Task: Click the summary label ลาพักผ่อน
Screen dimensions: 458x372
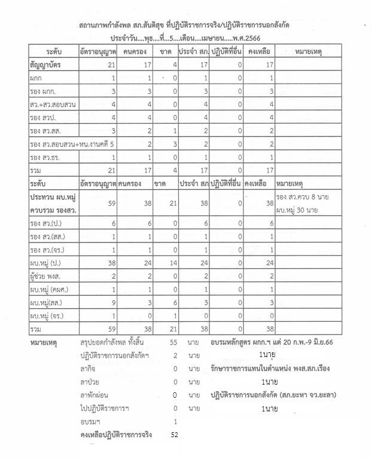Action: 97,395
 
